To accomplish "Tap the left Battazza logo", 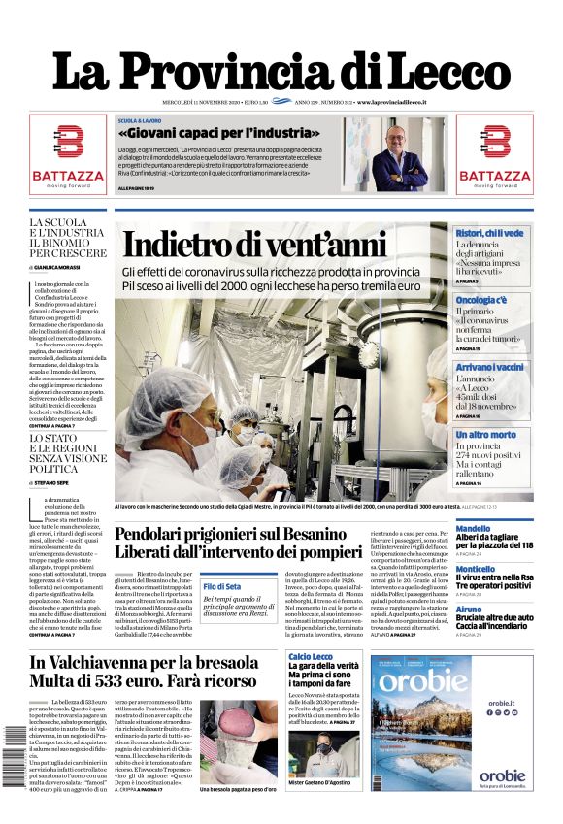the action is (68, 153).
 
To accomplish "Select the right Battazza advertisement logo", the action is (495, 153).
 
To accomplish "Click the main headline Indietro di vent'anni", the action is (255, 244).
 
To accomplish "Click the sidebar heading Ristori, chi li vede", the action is (489, 234).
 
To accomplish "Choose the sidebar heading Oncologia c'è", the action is (481, 301).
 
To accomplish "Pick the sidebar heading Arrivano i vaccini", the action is (490, 368).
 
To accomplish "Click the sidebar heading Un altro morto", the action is (485, 435).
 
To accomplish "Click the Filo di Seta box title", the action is (222, 587).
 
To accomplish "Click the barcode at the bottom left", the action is (14, 757).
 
